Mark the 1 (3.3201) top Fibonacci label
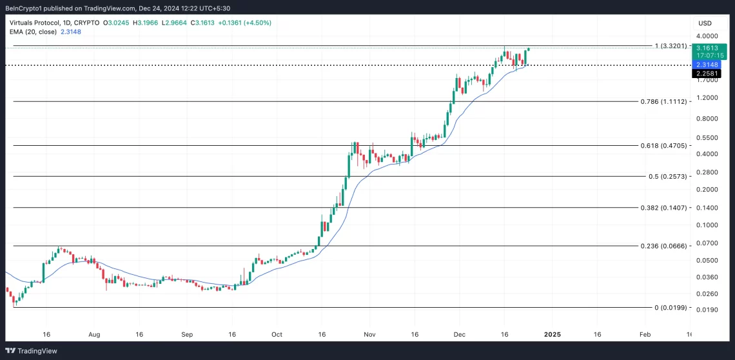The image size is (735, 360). click(x=672, y=46)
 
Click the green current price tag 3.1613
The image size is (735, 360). click(x=707, y=47)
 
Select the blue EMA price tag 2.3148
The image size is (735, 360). click(x=707, y=65)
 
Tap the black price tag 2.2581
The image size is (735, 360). click(x=707, y=74)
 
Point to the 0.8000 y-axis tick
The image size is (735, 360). click(x=707, y=119)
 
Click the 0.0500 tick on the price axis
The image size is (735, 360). click(x=707, y=260)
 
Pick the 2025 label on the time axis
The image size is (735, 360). click(x=552, y=335)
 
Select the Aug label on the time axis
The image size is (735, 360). click(x=94, y=335)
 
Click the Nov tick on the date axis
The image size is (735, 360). click(x=369, y=335)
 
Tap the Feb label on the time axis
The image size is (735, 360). click(x=643, y=335)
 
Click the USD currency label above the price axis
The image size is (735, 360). click(x=705, y=24)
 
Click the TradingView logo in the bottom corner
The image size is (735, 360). click(x=33, y=350)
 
